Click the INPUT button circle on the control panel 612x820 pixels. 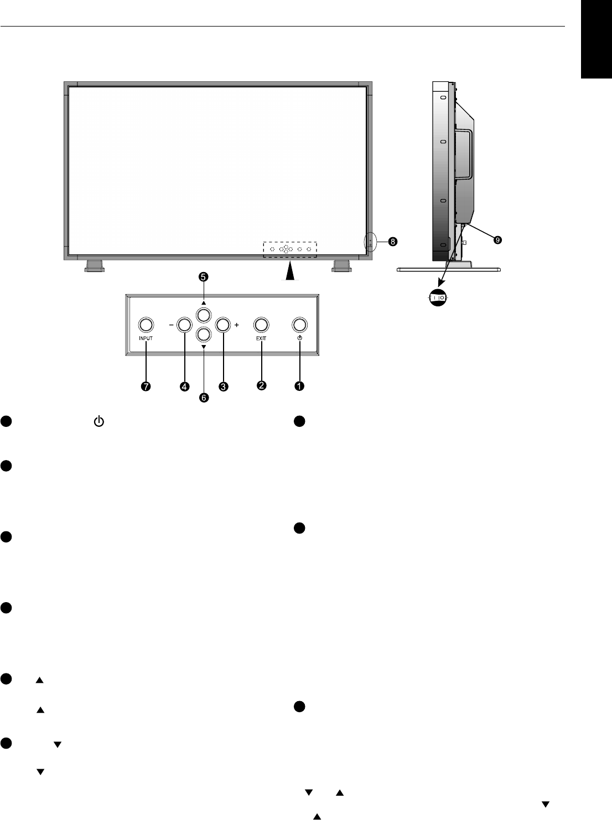coord(145,325)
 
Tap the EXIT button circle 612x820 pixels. coord(261,325)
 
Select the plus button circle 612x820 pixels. coord(222,325)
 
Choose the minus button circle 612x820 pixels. coord(184,325)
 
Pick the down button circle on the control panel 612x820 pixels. coord(204,334)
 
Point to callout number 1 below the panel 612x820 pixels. coord(299,387)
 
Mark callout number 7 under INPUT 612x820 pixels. coord(145,387)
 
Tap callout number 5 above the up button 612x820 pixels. coord(204,276)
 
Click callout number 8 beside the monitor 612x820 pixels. coord(392,242)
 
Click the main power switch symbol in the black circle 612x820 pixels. coord(438,297)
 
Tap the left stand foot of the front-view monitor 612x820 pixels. coord(94,267)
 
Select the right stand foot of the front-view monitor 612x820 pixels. coord(340,267)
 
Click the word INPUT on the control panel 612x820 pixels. coord(145,337)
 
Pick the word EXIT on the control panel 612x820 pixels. coord(261,337)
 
